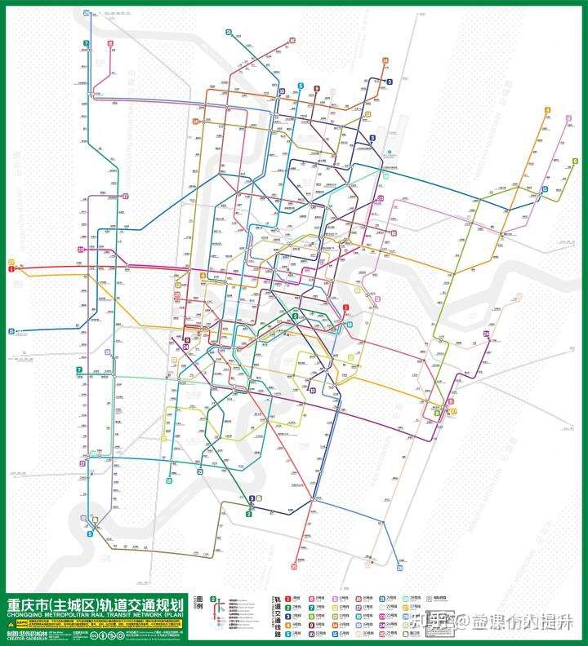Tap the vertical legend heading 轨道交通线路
tap(278, 613)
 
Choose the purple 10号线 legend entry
tap(318, 634)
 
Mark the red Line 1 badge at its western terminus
tap(11, 268)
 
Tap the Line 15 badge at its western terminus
tap(11, 331)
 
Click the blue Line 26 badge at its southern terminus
tap(399, 567)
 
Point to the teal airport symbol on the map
tap(390, 152)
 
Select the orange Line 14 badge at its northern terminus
tap(384, 60)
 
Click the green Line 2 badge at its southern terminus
tap(248, 514)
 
